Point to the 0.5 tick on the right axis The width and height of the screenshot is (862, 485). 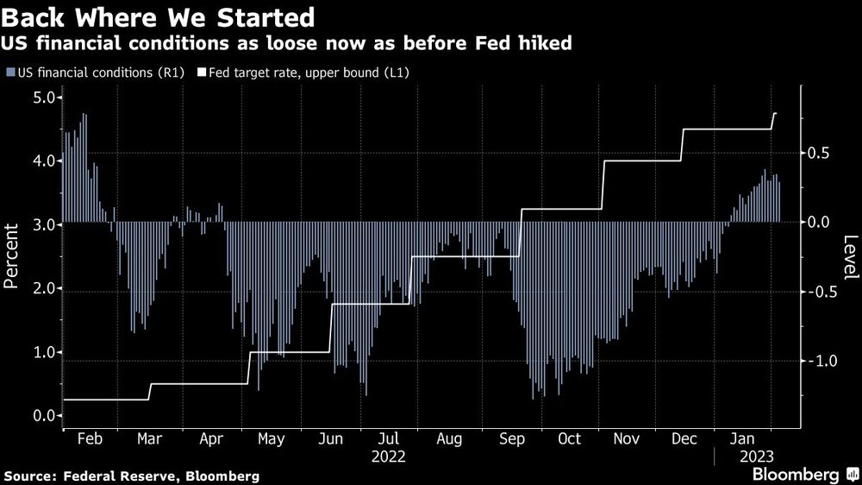coord(821,153)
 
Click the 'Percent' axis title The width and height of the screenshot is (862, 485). coord(13,256)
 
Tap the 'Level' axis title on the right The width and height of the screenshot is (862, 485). coord(850,256)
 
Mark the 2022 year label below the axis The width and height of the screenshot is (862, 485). coord(388,456)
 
